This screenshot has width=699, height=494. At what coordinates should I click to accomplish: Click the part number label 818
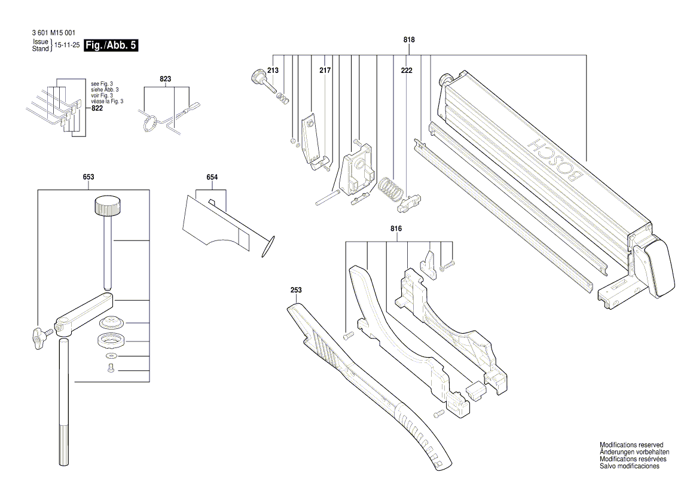point(409,39)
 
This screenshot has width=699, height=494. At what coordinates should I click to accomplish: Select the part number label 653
point(88,177)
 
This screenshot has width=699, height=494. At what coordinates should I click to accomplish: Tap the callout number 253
point(296,290)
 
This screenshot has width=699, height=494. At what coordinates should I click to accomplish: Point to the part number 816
point(396,229)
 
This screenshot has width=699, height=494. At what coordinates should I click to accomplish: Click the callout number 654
point(212,177)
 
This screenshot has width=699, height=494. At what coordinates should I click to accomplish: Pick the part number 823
point(165,79)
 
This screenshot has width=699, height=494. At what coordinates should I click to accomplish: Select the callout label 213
point(273,71)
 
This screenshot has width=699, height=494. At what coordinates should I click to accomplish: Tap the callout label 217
point(325,71)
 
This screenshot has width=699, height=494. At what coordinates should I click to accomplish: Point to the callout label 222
point(407,71)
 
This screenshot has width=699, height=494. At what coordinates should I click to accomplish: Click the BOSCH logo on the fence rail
point(556,162)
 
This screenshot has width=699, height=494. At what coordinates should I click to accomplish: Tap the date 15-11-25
point(67,45)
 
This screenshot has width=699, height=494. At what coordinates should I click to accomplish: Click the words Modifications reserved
point(631,446)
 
